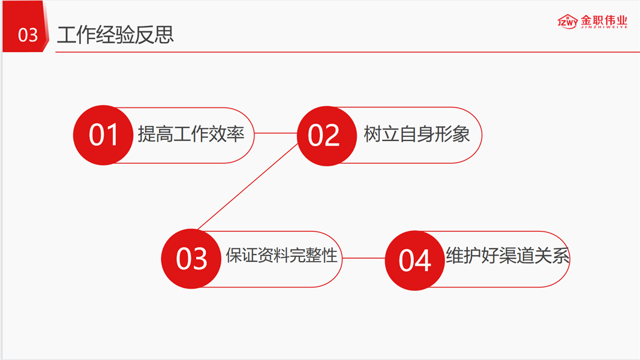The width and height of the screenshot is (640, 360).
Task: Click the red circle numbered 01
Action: pos(103,135)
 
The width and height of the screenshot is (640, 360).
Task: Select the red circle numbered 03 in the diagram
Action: pos(191,259)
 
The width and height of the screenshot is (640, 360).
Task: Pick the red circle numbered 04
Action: pos(414,260)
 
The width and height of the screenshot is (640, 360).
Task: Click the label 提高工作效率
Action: pos(191,134)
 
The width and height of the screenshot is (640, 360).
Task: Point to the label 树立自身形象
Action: pos(416,134)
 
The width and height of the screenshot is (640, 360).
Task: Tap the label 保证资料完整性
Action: pos(281,257)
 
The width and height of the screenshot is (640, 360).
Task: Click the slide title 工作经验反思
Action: pos(115,35)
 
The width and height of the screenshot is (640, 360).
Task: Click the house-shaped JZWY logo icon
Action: pos(567,22)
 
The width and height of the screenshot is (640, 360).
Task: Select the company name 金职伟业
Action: pos(604,19)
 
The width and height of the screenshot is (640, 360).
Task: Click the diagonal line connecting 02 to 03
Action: pos(248,187)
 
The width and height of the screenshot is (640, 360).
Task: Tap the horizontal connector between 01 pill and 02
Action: pos(276,134)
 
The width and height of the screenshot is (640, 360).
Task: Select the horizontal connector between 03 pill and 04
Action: pos(363,259)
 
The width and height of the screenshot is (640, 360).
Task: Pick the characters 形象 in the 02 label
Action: pos(456,134)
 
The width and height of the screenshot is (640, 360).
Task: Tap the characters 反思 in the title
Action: pos(159,35)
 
